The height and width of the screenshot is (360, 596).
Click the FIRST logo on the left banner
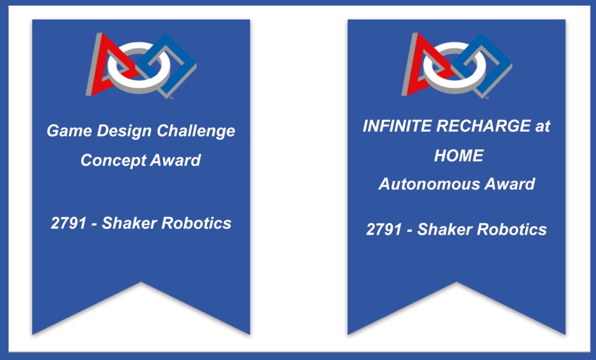[x=141, y=65]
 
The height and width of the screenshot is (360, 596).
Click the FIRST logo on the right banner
[x=456, y=65]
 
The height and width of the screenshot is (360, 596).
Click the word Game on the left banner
[x=65, y=131]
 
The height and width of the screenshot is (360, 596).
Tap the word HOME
[x=459, y=156]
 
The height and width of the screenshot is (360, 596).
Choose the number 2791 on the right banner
[x=384, y=230]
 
